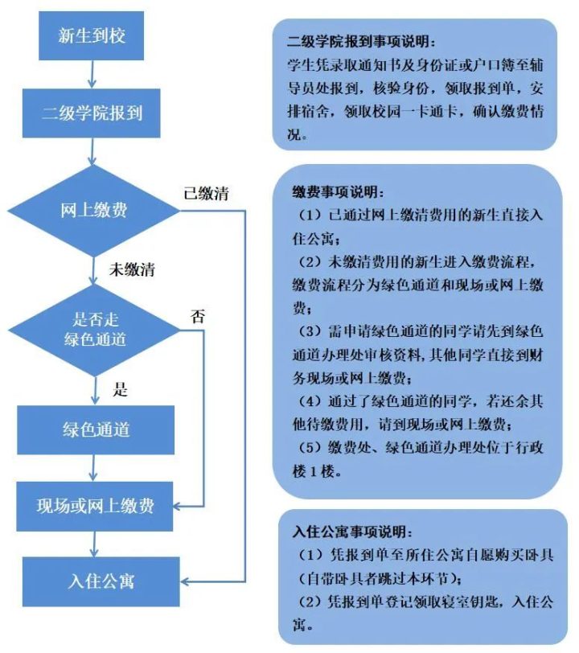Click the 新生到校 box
tap(91, 36)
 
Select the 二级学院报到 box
tap(91, 113)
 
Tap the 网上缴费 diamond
tap(94, 211)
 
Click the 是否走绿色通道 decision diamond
tap(94, 330)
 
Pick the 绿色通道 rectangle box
tap(96, 429)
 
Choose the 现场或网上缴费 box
tap(95, 507)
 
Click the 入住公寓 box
tap(101, 581)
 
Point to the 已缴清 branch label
tap(206, 194)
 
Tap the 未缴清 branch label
tap(132, 270)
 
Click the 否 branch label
tap(198, 317)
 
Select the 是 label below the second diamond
tap(120, 389)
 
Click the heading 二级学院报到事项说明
tap(362, 41)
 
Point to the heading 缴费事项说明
tap(338, 192)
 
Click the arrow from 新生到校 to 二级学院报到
tap(92, 74)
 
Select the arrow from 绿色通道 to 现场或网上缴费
tap(94, 468)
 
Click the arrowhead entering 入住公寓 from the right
tap(184, 581)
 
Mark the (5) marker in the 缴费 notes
tap(310, 448)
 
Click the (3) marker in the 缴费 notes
tap(310, 332)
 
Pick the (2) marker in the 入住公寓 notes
tap(310, 602)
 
